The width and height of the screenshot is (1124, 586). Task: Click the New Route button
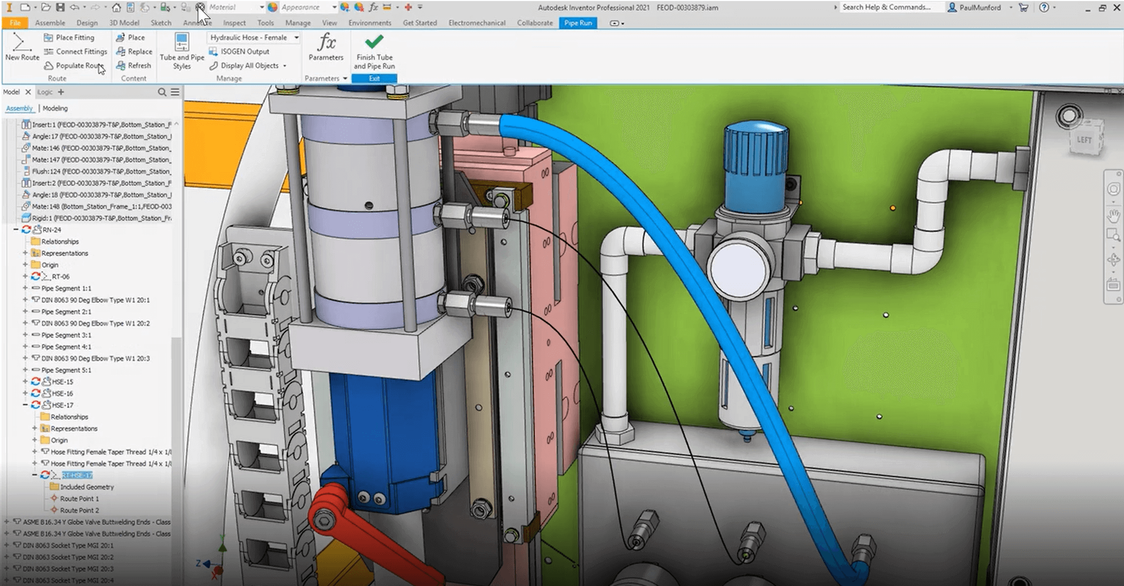tap(22, 47)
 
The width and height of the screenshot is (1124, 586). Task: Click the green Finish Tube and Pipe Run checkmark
tap(374, 42)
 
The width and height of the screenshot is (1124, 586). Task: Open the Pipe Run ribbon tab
tap(578, 23)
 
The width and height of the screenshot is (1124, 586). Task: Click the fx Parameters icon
tap(326, 42)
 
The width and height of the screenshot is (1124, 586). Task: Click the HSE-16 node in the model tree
tap(62, 393)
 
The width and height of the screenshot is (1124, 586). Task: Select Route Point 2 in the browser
tap(79, 510)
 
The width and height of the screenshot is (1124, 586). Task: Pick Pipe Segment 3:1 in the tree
tap(66, 335)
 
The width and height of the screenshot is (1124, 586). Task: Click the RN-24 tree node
tap(51, 230)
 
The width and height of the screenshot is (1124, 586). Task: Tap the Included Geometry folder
tap(87, 487)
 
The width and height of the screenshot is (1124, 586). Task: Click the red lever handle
tap(360, 534)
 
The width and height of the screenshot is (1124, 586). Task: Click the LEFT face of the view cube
tap(1084, 140)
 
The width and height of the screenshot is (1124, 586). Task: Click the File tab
tap(15, 23)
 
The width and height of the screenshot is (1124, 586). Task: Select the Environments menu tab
tap(369, 23)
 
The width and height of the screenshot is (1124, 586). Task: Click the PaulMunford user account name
tap(980, 8)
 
